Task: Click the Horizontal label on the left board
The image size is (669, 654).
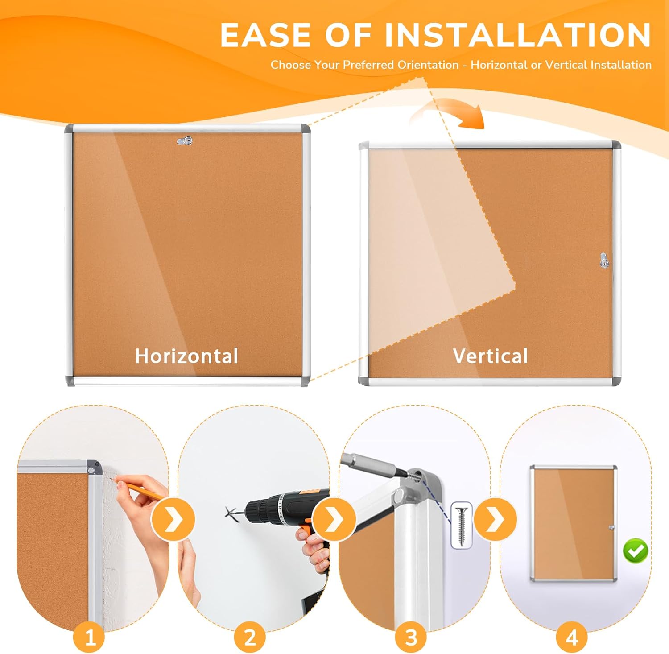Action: [x=186, y=356]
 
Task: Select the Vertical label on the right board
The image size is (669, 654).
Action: [x=490, y=356]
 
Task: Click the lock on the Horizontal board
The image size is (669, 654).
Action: [x=185, y=141]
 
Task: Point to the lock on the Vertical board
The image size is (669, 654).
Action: [x=604, y=260]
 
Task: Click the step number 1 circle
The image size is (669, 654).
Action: [x=89, y=637]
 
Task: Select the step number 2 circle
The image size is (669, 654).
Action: [x=250, y=637]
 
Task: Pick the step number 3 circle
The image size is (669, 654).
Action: [x=411, y=637]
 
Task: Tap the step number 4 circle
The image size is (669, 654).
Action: [x=572, y=637]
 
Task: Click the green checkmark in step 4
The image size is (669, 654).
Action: [x=636, y=551]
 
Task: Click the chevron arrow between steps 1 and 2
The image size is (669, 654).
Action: [x=173, y=520]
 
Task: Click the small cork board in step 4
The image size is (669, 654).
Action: [x=574, y=523]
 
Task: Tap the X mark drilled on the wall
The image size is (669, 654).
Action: [x=231, y=513]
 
